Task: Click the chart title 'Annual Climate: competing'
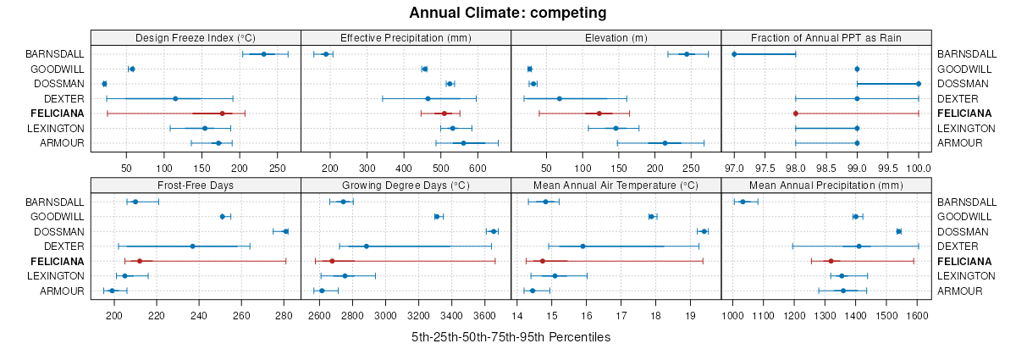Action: pyautogui.click(x=508, y=13)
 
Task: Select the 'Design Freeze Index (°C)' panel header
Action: pyautogui.click(x=196, y=37)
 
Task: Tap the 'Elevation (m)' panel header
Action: pyautogui.click(x=616, y=37)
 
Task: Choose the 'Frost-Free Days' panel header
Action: pyautogui.click(x=196, y=186)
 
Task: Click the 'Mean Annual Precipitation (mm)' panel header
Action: pyautogui.click(x=826, y=186)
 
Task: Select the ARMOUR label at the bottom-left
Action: pyautogui.click(x=63, y=291)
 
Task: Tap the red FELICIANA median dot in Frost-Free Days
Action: pyautogui.click(x=140, y=261)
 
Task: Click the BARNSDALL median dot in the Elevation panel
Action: pyautogui.click(x=687, y=54)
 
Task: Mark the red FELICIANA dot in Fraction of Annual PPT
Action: pyautogui.click(x=796, y=114)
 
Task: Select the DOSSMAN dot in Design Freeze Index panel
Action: pyautogui.click(x=104, y=84)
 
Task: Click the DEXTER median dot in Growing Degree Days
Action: pyautogui.click(x=367, y=246)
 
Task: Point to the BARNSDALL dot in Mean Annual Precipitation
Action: pyautogui.click(x=743, y=202)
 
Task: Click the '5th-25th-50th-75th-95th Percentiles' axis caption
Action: pyautogui.click(x=511, y=336)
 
